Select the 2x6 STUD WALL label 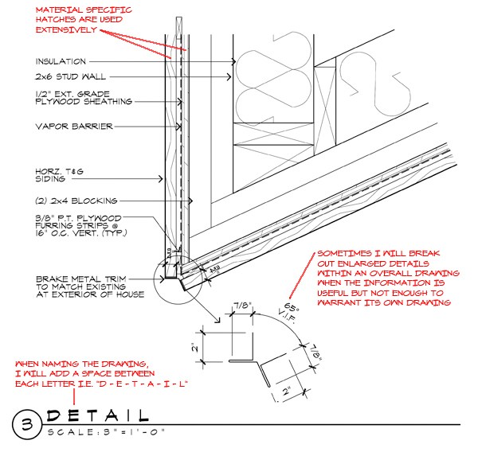[69, 76]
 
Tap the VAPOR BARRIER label [74, 126]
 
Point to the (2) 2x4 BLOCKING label [76, 200]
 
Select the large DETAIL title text [97, 415]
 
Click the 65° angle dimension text [292, 305]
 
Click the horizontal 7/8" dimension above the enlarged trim [243, 305]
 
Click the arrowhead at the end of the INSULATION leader [233, 61]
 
